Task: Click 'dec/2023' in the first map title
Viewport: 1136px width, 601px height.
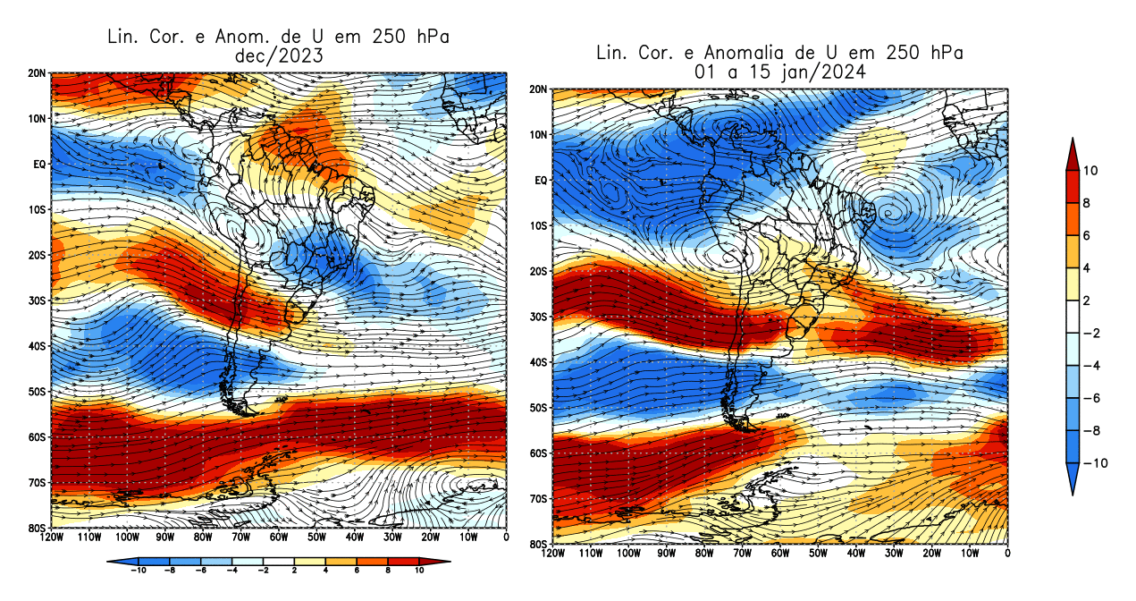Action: pyautogui.click(x=276, y=55)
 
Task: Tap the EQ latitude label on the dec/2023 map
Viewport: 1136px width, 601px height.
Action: pyautogui.click(x=40, y=164)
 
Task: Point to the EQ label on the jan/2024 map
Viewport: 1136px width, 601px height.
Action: pyautogui.click(x=540, y=180)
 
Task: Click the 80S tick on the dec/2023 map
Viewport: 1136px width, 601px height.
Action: pyautogui.click(x=38, y=528)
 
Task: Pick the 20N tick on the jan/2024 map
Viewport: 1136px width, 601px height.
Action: pyautogui.click(x=539, y=89)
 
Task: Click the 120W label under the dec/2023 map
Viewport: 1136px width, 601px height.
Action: pyautogui.click(x=52, y=538)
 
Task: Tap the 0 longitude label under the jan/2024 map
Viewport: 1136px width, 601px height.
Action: pyautogui.click(x=1008, y=554)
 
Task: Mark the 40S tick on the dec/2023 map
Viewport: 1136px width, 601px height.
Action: pyautogui.click(x=38, y=345)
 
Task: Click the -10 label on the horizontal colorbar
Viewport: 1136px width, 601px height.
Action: pyautogui.click(x=138, y=570)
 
